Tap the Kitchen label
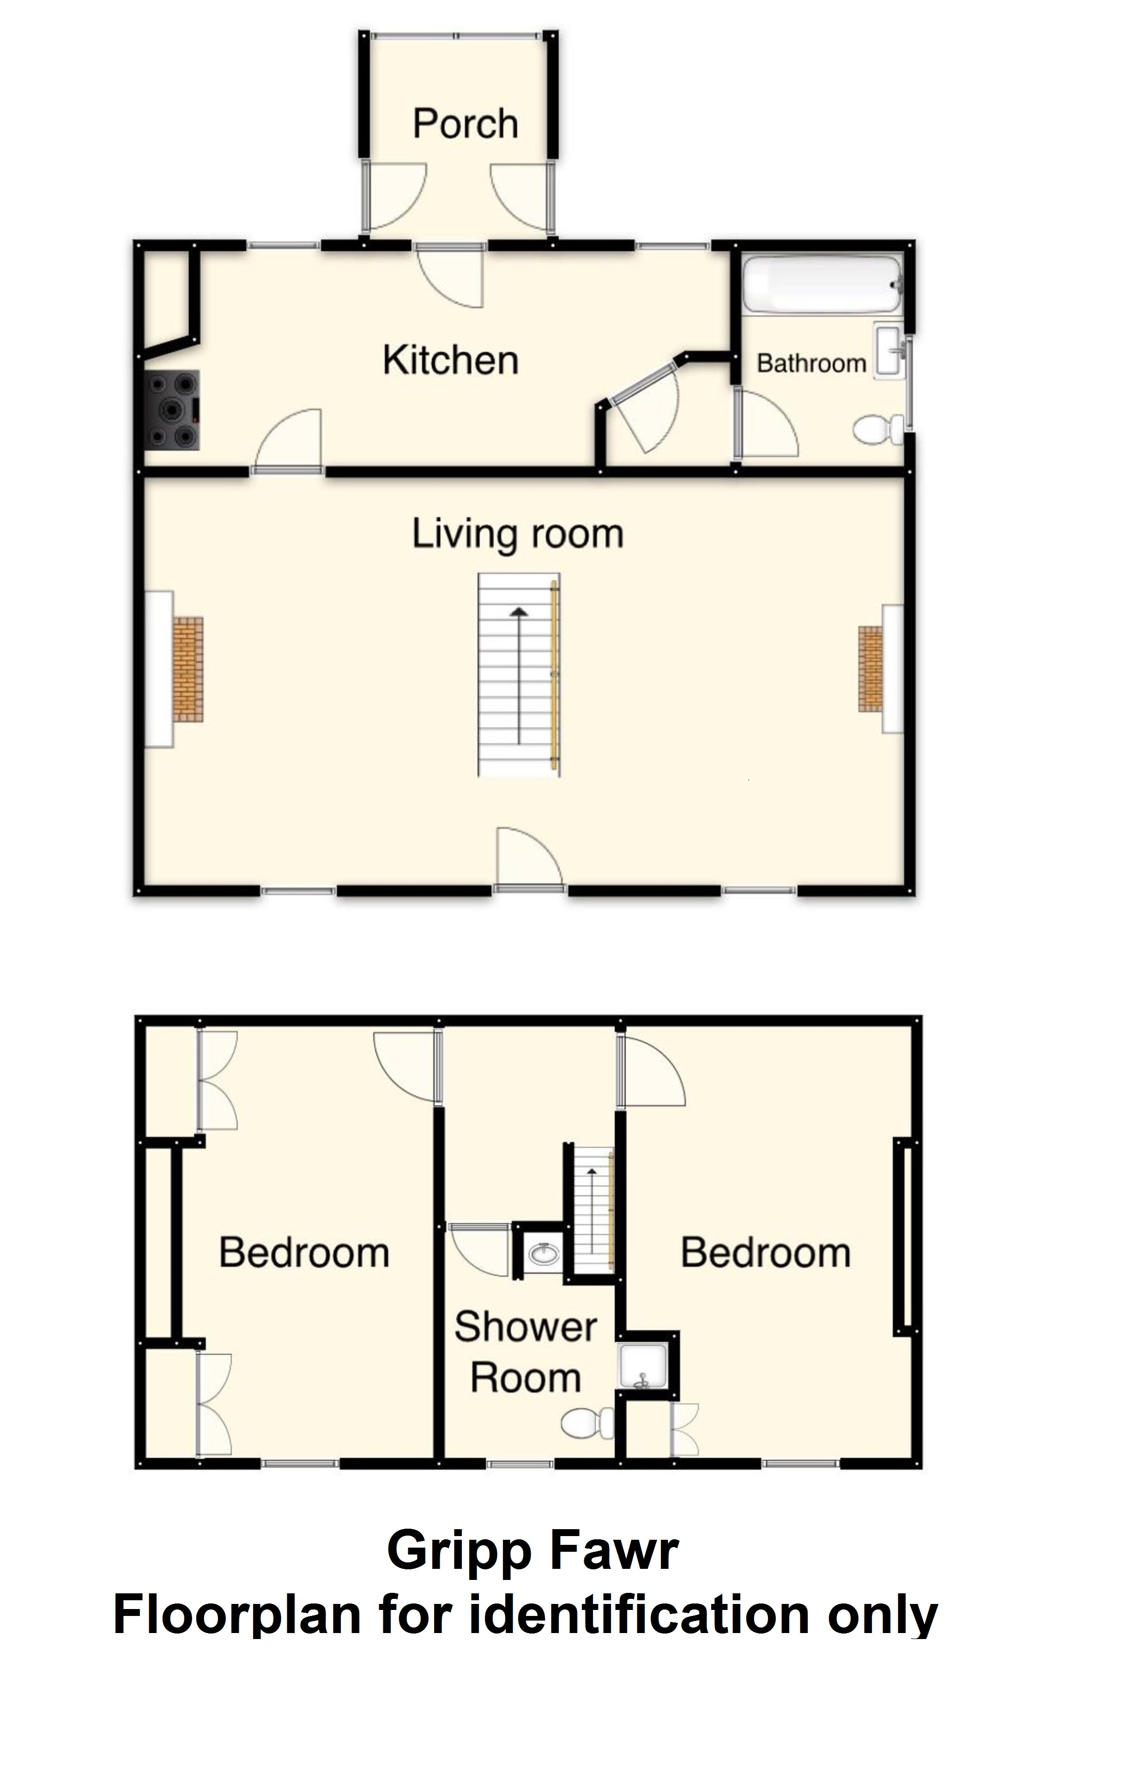(450, 361)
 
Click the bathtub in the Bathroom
(822, 284)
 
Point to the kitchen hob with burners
(173, 409)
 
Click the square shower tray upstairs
(642, 1367)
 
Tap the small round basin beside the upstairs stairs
(544, 1254)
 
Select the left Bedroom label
(304, 1253)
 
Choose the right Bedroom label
(765, 1253)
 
